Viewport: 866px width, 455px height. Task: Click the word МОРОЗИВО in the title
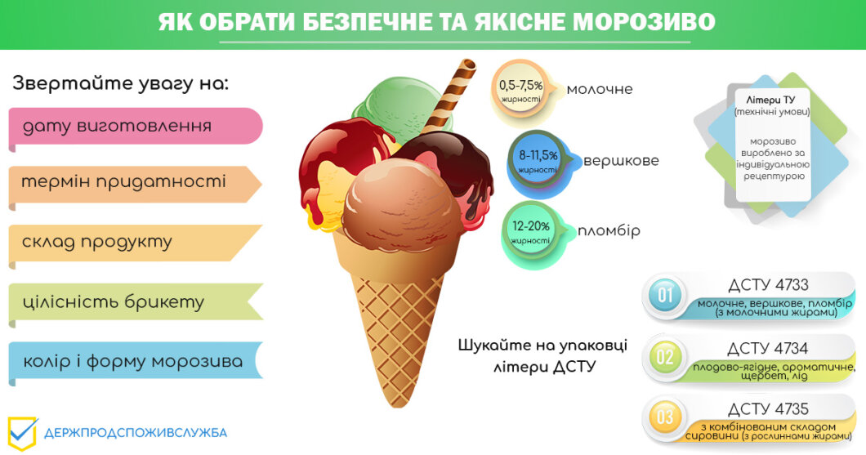coord(644,22)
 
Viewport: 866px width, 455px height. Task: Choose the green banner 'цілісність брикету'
coord(136,303)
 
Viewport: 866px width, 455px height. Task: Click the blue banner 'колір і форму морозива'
coord(136,362)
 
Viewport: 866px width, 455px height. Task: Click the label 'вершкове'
coord(622,161)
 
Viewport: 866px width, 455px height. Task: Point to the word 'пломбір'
coord(609,230)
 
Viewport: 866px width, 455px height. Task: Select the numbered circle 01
coord(666,296)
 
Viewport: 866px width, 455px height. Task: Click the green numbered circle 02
coord(666,357)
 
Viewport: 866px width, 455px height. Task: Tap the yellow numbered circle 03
coord(666,417)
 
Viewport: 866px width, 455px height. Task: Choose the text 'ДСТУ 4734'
coord(768,349)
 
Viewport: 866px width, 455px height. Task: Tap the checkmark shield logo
coord(22,433)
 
